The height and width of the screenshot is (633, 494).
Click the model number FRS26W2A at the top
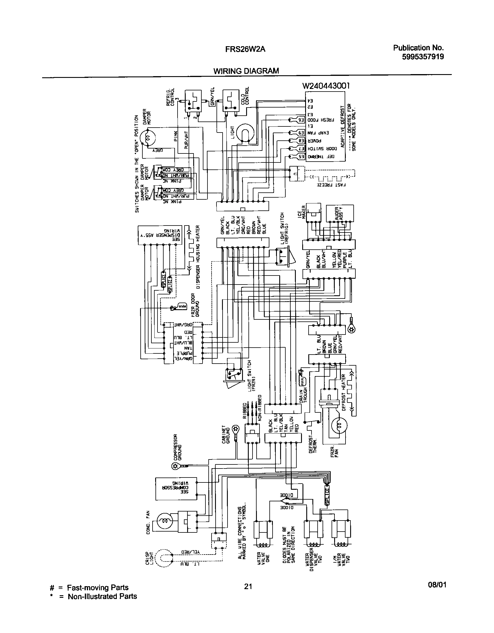[246, 49]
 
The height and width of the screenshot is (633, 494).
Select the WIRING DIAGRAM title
[246, 71]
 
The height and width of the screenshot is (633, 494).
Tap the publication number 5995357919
[423, 57]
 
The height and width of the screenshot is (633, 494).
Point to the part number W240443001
[326, 86]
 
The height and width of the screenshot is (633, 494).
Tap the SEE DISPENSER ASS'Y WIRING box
[160, 232]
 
